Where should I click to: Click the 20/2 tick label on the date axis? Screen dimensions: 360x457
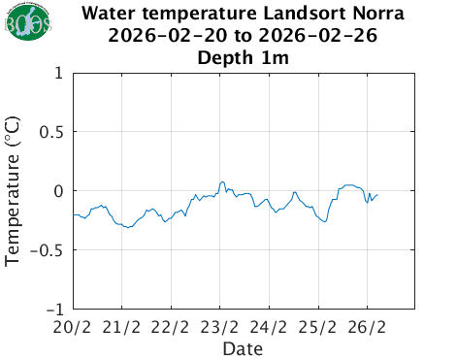[x=74, y=327]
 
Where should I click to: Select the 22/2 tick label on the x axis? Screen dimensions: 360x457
[x=172, y=327]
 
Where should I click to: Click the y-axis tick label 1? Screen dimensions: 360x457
[x=59, y=73]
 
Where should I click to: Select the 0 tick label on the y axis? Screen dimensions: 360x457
[x=59, y=191]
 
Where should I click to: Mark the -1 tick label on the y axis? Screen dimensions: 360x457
[x=55, y=310]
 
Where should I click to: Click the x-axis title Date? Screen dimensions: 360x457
[x=244, y=347]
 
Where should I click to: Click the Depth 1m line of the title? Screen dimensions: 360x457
[x=244, y=58]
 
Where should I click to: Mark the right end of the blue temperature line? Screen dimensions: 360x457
[x=377, y=194]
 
